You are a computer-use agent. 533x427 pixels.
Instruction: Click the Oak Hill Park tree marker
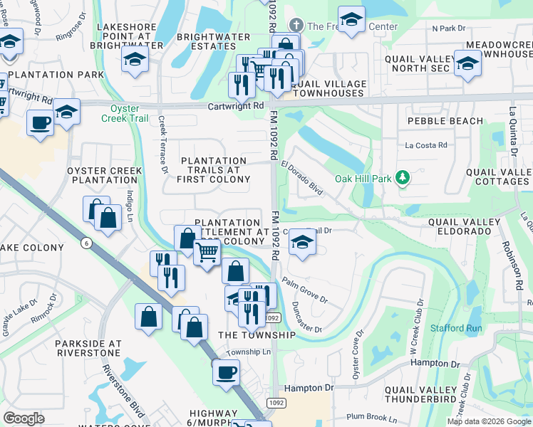click(403, 177)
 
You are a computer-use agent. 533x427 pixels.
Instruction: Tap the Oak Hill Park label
click(363, 178)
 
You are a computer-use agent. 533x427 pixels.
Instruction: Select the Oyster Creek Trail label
click(130, 113)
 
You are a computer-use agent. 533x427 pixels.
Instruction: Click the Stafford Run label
click(456, 328)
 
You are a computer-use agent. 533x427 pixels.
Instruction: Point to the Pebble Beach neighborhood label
click(440, 121)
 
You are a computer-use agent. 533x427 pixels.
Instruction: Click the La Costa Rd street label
click(425, 145)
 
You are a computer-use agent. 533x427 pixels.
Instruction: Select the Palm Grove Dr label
click(304, 290)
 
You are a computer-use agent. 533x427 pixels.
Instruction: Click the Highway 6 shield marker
click(86, 243)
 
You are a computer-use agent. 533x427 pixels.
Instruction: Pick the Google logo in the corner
click(24, 418)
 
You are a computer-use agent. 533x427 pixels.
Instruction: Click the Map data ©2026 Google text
click(489, 421)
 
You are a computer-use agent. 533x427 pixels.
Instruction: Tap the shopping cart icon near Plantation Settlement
click(207, 251)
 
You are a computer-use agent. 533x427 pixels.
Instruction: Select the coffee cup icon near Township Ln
click(227, 371)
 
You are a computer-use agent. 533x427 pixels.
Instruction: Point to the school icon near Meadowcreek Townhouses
click(467, 63)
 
